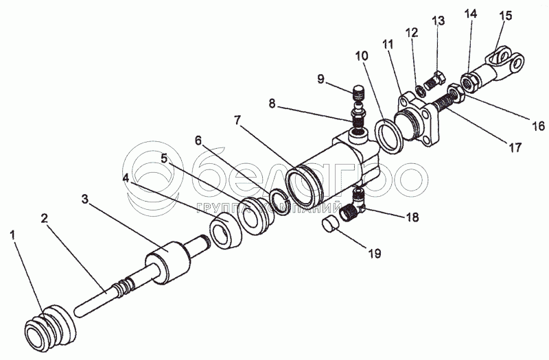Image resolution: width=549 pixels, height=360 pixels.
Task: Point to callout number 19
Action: (x=372, y=254)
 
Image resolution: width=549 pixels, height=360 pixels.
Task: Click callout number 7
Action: (x=237, y=121)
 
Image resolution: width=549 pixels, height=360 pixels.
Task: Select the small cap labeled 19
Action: (x=332, y=224)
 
